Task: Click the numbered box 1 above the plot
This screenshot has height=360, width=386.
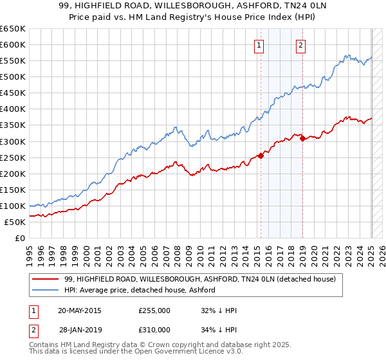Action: click(259, 45)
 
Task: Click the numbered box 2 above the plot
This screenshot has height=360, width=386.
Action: click(300, 45)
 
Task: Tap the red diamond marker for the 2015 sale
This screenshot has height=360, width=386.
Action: click(261, 155)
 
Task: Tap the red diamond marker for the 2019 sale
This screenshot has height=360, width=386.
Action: click(302, 138)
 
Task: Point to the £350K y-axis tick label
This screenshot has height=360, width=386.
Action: click(13, 125)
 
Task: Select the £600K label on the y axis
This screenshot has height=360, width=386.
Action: click(13, 44)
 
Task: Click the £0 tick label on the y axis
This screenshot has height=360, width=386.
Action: click(19, 238)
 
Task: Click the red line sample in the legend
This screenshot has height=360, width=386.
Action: click(46, 279)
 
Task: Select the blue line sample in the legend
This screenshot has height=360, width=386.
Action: click(46, 290)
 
